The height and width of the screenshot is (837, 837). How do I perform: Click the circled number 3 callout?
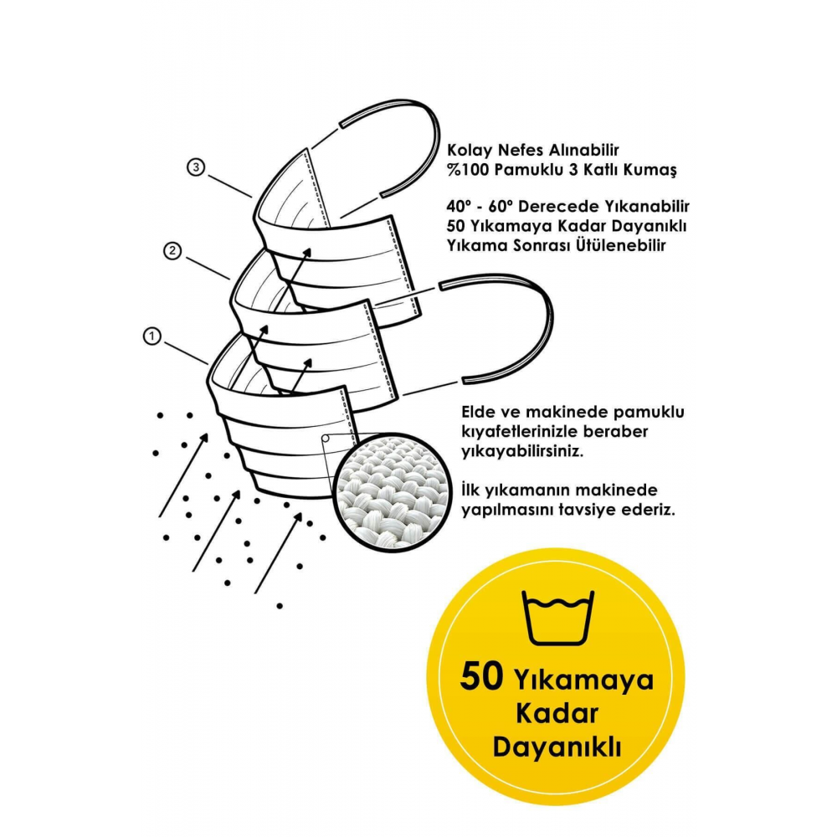tap(195, 168)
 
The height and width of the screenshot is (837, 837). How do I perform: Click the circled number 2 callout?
tap(172, 250)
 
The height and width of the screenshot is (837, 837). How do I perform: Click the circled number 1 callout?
tap(151, 336)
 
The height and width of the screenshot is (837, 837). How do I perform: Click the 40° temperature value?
tap(459, 205)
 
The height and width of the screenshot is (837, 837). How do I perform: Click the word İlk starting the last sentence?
tap(471, 489)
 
